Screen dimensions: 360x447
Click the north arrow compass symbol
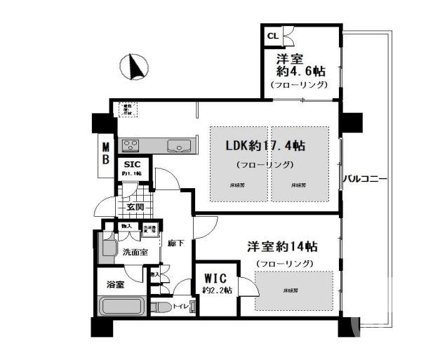135,68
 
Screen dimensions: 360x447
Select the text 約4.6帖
299,72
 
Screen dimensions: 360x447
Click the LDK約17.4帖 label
265,146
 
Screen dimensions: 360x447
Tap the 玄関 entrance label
135,207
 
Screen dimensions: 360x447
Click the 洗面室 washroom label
135,252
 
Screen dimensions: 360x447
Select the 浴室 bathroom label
116,285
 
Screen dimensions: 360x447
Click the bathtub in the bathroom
121,307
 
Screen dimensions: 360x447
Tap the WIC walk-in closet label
217,277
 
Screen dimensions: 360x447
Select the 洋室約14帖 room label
282,247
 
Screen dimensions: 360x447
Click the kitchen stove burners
131,146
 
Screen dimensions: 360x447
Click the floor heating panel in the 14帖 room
293,290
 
